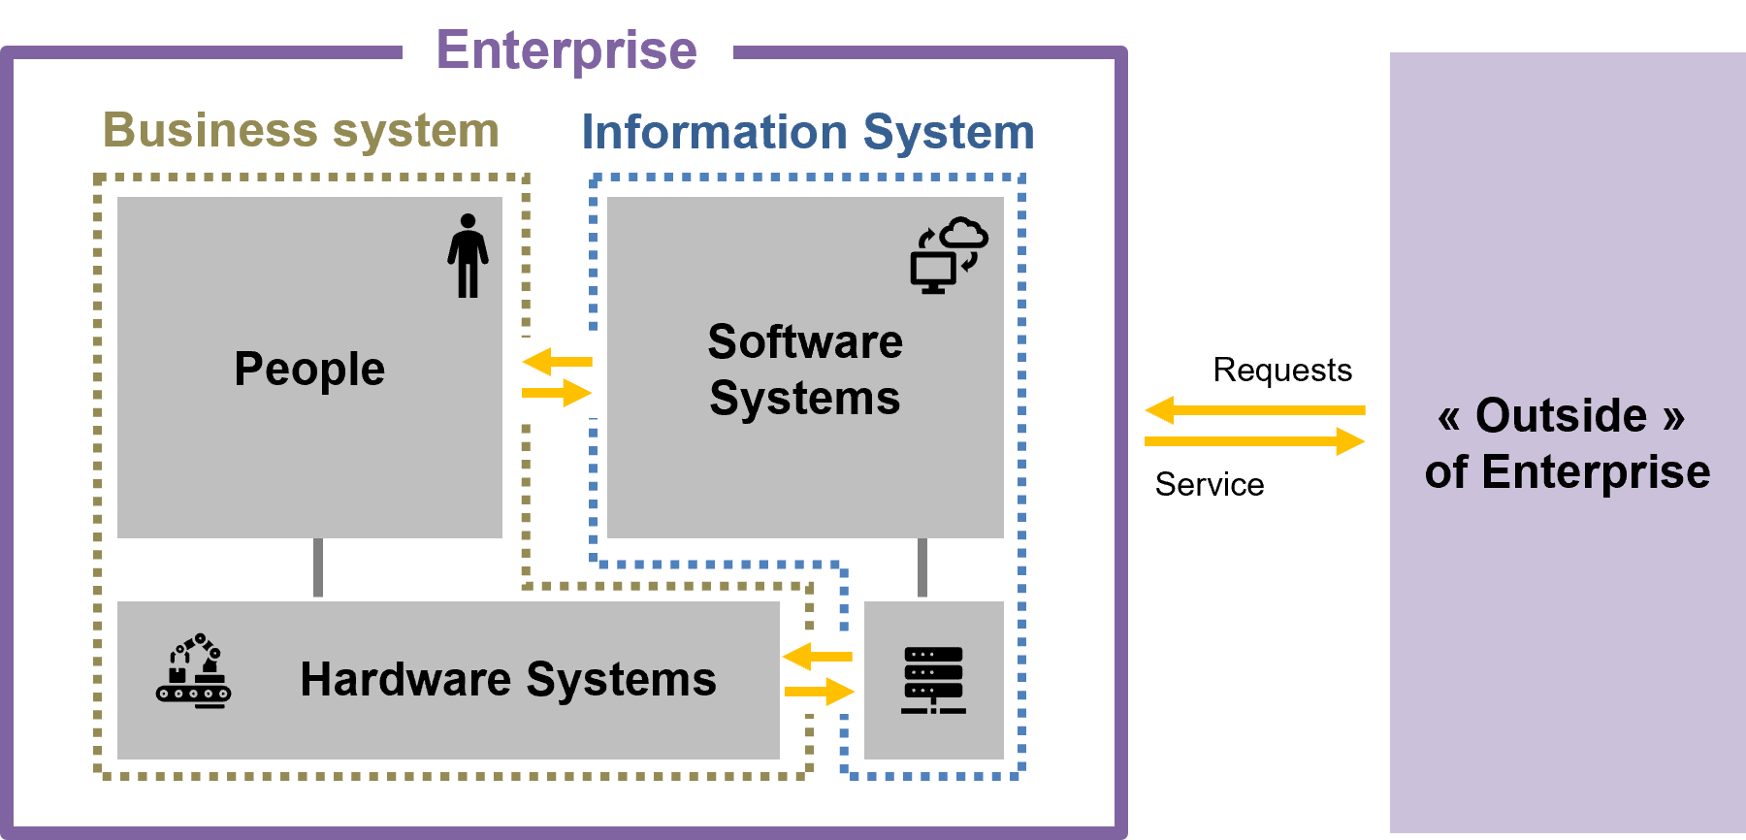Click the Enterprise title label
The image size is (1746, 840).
click(x=566, y=49)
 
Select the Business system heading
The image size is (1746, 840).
click(x=301, y=130)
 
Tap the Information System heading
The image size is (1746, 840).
click(x=807, y=132)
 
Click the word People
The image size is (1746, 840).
click(x=309, y=369)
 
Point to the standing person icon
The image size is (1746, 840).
click(x=468, y=255)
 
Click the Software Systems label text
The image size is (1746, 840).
click(x=805, y=370)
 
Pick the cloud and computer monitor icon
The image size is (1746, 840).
click(x=948, y=255)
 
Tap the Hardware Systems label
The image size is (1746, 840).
click(x=508, y=679)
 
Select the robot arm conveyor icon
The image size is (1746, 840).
click(x=194, y=671)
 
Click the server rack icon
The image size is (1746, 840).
click(x=933, y=680)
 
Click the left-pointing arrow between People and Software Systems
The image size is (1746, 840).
click(x=557, y=362)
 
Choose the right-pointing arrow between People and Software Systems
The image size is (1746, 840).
click(x=557, y=393)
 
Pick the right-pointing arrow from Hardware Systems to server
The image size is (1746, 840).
click(x=820, y=692)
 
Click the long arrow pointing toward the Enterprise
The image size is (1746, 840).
click(x=1254, y=410)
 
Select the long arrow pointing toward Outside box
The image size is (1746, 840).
click(x=1254, y=441)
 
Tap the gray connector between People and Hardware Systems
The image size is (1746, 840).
click(x=318, y=567)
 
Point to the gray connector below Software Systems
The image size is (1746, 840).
click(x=922, y=568)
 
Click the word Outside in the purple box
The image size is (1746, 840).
click(x=1561, y=415)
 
